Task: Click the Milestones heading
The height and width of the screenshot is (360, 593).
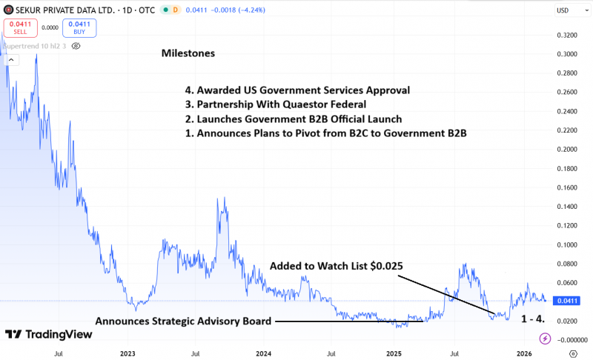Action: point(188,54)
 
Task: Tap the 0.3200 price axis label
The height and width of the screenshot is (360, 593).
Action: point(567,35)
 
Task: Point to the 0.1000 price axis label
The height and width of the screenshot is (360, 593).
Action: point(567,244)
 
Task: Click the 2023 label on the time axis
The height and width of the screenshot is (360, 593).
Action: point(127,354)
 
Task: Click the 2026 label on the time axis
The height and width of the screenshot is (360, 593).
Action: point(523,354)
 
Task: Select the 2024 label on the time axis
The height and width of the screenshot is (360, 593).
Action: point(263,354)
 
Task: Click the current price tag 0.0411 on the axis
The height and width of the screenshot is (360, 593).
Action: point(568,301)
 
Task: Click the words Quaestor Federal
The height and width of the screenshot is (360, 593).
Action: point(325,104)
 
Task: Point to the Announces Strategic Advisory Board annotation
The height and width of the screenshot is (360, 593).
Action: point(183,321)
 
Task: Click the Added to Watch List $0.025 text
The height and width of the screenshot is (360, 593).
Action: point(335,265)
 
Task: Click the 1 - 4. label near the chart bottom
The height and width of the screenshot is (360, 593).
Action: point(533,319)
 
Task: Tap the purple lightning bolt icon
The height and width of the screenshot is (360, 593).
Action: point(546,338)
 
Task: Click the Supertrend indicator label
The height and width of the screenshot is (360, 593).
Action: point(33,46)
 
